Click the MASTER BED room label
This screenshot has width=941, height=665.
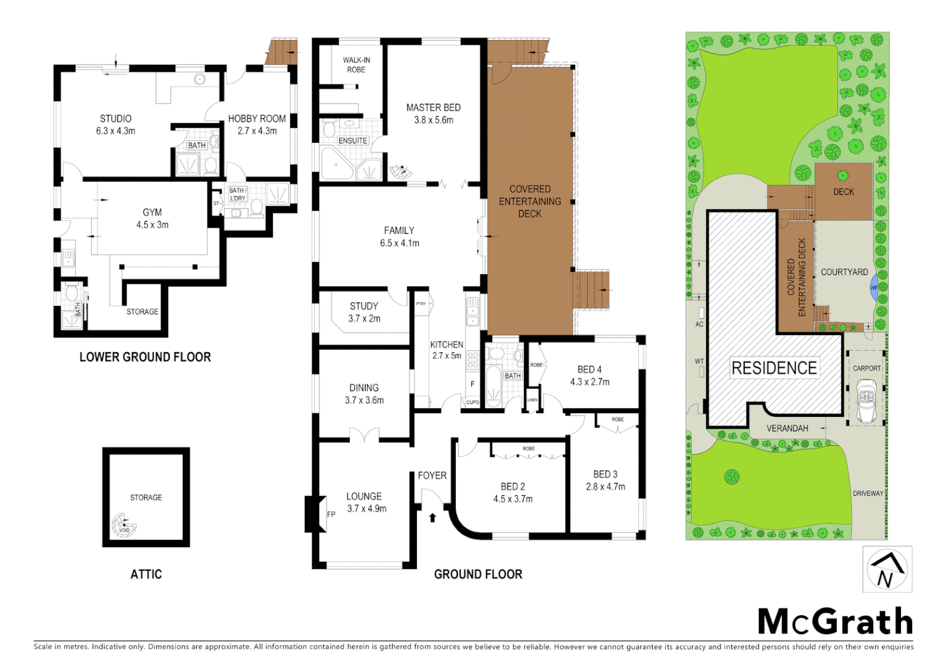click(x=433, y=108)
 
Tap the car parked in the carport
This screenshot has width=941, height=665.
click(x=866, y=401)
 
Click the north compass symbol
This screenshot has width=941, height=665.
click(x=887, y=570)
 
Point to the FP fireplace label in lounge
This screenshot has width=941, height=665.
click(x=331, y=514)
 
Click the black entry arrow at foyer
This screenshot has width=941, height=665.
click(x=432, y=517)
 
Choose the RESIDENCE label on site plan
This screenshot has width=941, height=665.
click(x=774, y=368)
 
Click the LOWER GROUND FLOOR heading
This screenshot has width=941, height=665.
click(x=145, y=357)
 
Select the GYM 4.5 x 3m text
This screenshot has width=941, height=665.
click(x=152, y=219)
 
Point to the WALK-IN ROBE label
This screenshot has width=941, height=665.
click(x=356, y=65)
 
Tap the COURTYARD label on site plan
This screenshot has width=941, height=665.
click(x=844, y=272)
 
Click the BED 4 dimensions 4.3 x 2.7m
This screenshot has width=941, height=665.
click(x=589, y=382)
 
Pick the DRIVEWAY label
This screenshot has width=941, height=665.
click(x=868, y=493)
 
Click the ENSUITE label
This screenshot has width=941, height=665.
click(x=353, y=140)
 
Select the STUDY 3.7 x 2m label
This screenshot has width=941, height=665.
click(x=364, y=312)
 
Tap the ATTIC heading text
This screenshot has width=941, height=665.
click(x=146, y=574)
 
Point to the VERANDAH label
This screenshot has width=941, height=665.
click(x=787, y=428)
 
